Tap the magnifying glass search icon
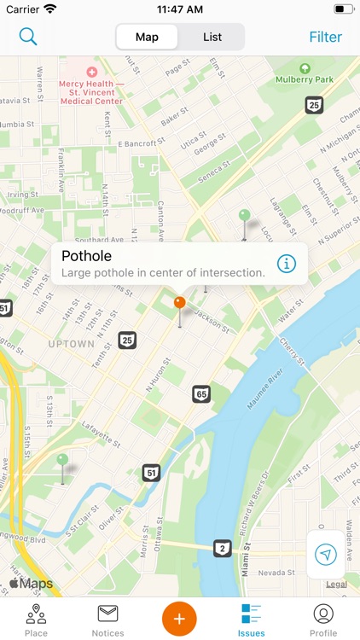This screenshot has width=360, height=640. pos(28,37)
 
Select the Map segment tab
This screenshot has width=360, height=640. pos(147,37)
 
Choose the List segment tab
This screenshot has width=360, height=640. pos(212,37)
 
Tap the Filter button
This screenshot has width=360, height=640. pos(325,37)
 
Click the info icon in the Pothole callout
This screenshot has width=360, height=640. pos(287,263)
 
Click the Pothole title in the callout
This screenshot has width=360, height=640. pos(87,255)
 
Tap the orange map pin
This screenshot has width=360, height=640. pos(179,303)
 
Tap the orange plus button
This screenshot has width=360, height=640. pos(179,617)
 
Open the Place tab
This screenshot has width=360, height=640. pos(36,620)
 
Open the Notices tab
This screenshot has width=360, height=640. pos(107,620)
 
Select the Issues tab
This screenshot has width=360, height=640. pos(251,620)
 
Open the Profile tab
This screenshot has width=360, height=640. pos(323,620)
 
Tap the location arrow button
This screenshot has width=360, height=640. pos(326,555)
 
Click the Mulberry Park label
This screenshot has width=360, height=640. pos(305,79)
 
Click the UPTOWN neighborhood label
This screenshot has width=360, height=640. pos(72,344)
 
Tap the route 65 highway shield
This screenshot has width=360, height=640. pos(201,393)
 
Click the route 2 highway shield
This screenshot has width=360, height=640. pos(222,548)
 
